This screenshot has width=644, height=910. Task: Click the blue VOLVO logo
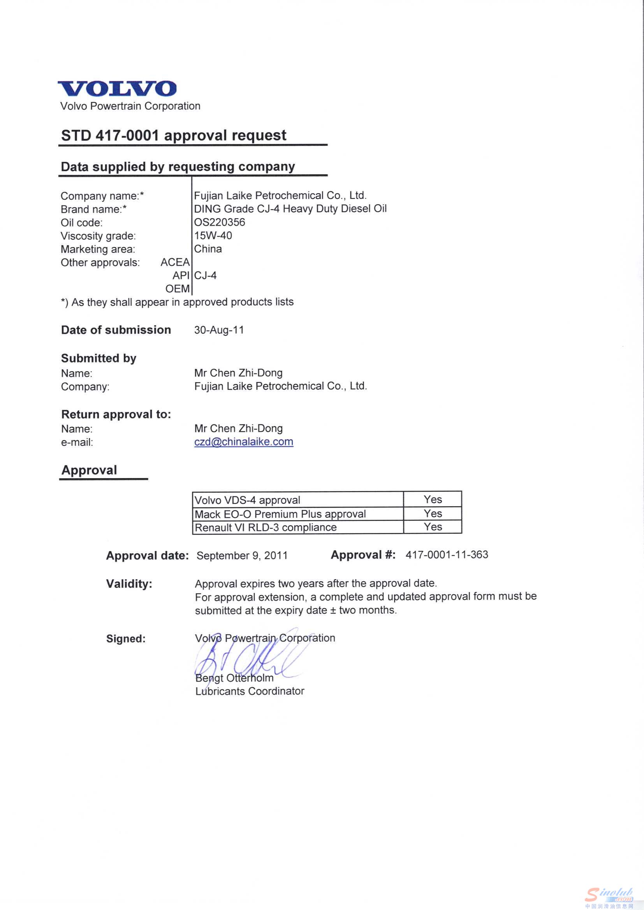(x=117, y=88)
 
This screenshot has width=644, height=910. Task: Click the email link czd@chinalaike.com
(x=243, y=442)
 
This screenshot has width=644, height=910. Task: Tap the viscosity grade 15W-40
(x=213, y=235)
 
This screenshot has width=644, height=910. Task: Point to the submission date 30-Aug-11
(x=219, y=330)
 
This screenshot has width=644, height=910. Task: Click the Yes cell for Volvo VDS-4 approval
(x=432, y=500)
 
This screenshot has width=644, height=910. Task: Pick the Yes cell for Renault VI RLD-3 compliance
(x=432, y=527)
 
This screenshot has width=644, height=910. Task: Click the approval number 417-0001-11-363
(x=447, y=554)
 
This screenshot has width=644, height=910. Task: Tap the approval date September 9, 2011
(x=242, y=555)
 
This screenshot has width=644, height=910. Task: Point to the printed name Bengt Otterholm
(x=234, y=678)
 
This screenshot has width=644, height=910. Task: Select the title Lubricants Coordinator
(x=250, y=691)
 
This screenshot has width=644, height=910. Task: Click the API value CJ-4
(x=206, y=275)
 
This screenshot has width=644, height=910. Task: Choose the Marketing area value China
(x=208, y=249)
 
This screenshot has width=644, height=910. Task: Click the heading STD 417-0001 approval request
(x=173, y=135)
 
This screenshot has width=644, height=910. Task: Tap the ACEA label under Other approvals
(x=175, y=262)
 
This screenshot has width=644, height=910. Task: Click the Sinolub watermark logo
(x=609, y=897)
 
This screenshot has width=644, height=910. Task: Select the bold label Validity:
(x=129, y=584)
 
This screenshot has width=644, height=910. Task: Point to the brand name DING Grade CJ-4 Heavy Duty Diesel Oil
(x=290, y=209)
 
